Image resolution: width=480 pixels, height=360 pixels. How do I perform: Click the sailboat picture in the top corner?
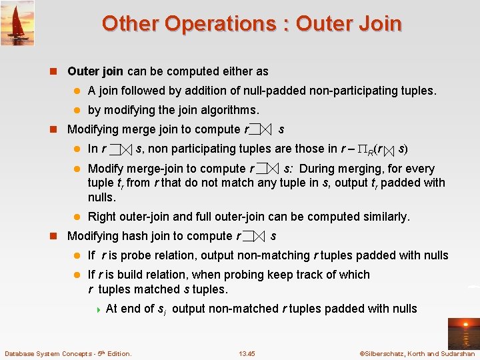pos(17,23)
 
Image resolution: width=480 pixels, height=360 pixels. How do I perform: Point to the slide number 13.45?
pos(247,353)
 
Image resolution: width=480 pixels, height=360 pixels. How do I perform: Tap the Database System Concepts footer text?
pos(68,353)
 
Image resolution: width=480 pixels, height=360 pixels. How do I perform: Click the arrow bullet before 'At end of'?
pos(98,309)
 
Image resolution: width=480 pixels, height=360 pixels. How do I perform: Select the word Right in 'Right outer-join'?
pos(102,217)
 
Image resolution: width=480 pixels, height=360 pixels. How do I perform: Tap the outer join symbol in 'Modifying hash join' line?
pos(254,237)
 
